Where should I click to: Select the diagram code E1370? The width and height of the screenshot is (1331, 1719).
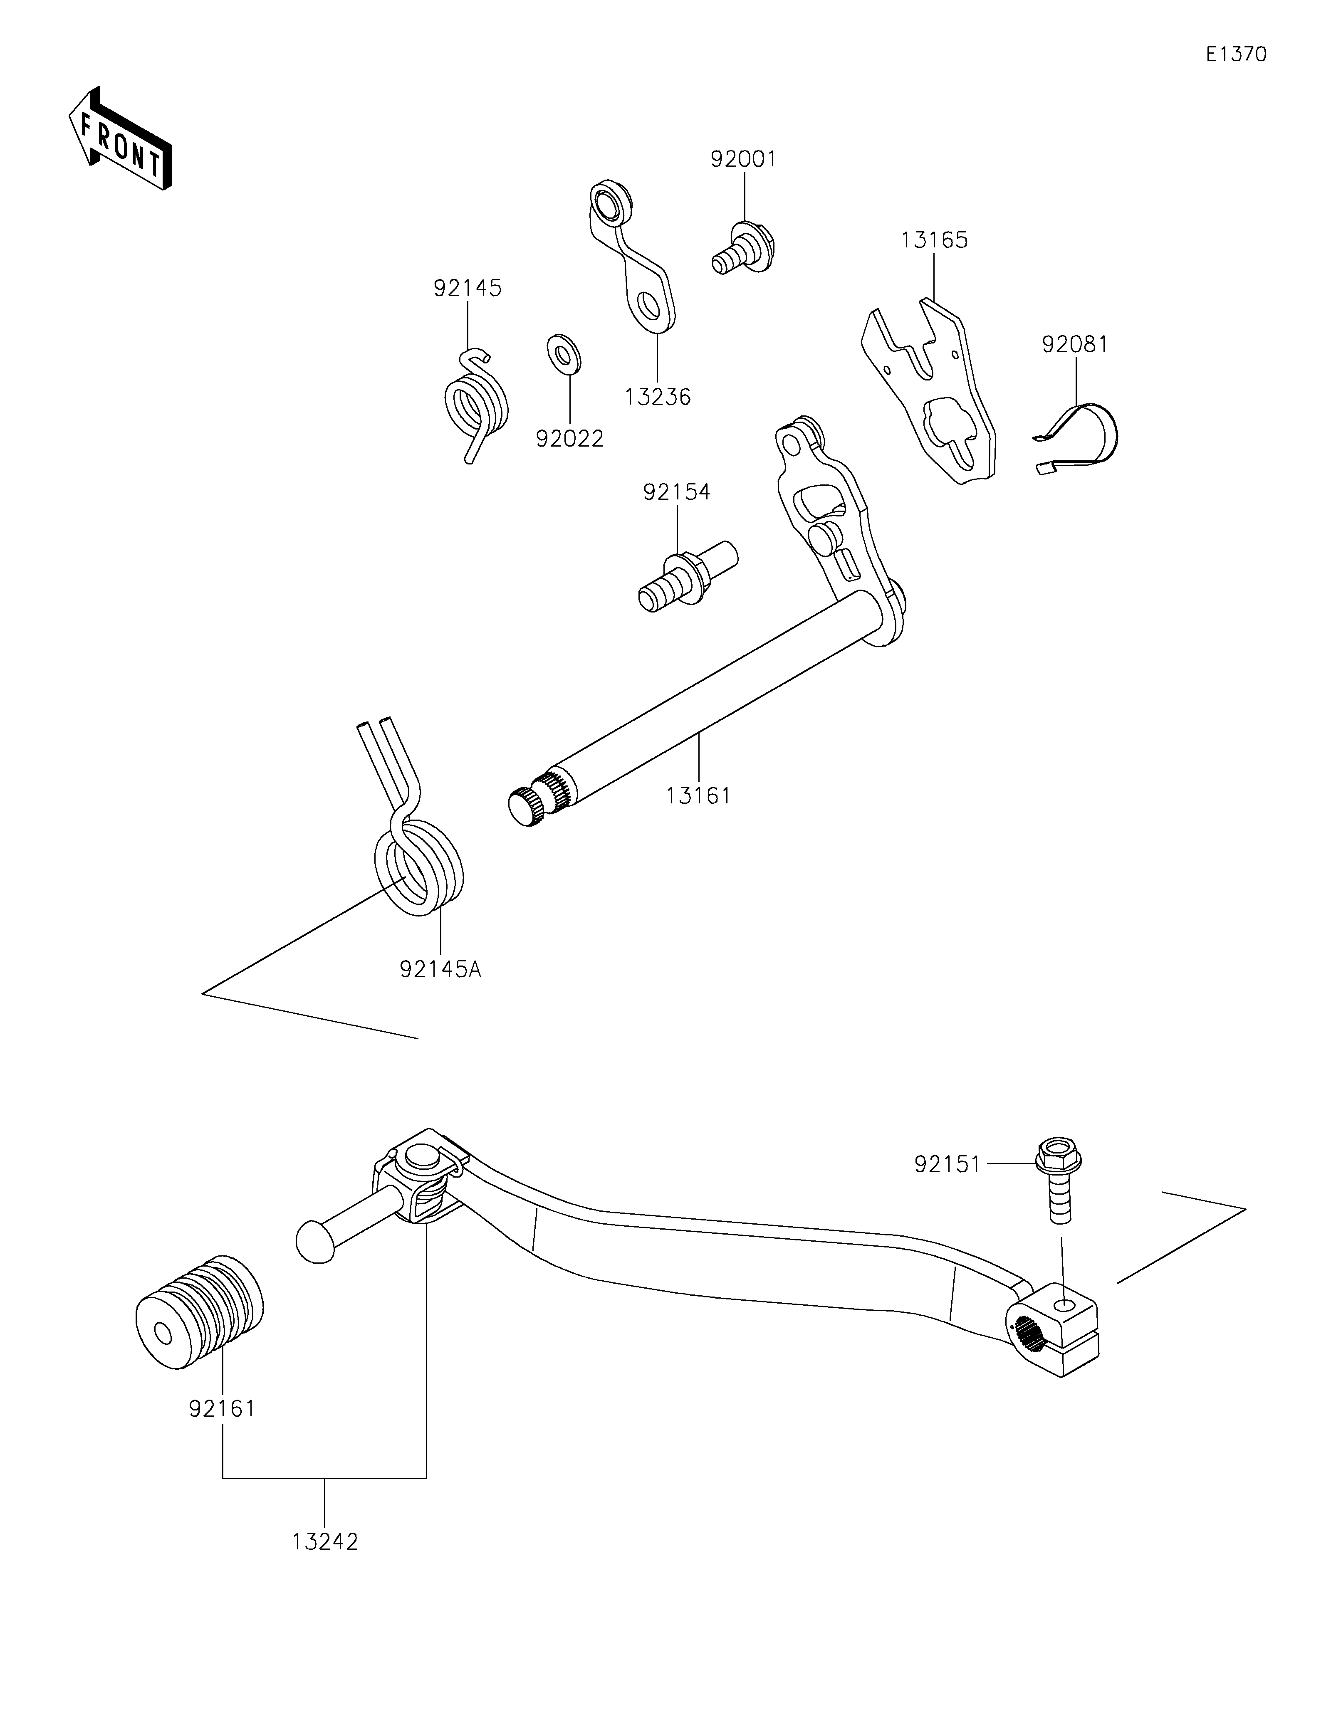point(1237,54)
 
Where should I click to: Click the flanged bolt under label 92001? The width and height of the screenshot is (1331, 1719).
point(744,248)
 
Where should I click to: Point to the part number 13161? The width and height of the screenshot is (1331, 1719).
point(698,796)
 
